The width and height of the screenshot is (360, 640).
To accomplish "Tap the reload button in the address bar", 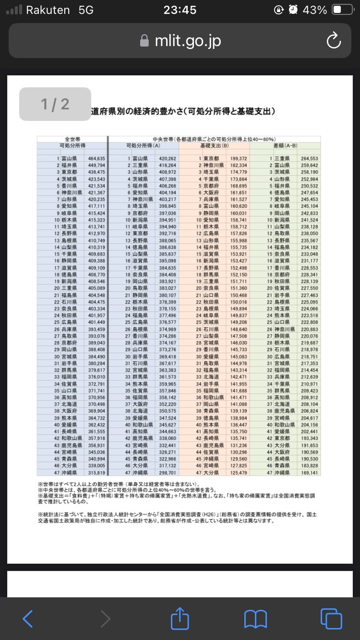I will [x=333, y=41].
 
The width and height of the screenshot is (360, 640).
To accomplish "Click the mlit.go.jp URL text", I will [x=188, y=41].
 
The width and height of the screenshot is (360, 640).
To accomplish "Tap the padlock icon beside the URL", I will [x=144, y=41].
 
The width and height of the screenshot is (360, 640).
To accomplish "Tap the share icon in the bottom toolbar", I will [x=180, y=618].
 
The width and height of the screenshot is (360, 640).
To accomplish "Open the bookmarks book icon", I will [x=255, y=618].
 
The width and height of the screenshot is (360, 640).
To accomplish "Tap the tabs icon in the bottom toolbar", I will [x=331, y=618].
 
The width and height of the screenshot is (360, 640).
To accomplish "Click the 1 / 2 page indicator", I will [x=55, y=104].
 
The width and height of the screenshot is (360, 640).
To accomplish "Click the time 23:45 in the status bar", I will [x=180, y=10].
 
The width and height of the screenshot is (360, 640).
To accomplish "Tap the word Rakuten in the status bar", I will [x=48, y=10].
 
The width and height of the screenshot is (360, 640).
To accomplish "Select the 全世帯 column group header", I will [x=72, y=139].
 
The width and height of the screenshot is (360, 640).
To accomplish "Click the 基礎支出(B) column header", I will [x=214, y=145].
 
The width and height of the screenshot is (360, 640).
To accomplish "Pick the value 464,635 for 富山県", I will [x=96, y=158].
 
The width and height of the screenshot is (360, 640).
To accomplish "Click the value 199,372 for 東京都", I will [x=238, y=158].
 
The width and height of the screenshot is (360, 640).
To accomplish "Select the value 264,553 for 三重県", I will [x=309, y=158].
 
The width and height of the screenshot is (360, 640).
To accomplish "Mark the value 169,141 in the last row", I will [x=309, y=473].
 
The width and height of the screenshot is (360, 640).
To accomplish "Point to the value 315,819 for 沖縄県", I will [x=96, y=473].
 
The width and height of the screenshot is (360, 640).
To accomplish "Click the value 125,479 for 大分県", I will [x=238, y=473].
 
